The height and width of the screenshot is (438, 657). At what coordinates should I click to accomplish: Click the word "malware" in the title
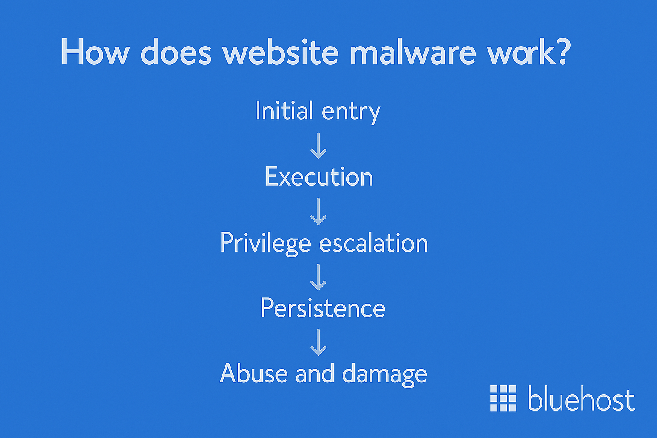click(412, 53)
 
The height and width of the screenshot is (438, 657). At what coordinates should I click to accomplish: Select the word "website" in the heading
click(281, 53)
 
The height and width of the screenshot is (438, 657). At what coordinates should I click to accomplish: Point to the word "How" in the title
click(95, 53)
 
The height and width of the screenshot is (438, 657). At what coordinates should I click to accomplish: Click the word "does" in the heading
click(176, 53)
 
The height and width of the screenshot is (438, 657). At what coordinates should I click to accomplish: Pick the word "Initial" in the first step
click(284, 111)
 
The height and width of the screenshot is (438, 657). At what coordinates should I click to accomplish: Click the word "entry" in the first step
click(351, 112)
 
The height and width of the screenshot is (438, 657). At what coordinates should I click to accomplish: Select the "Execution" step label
click(319, 177)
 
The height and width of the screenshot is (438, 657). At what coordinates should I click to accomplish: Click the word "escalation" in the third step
click(373, 243)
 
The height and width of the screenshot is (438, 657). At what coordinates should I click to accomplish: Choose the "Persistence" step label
click(323, 308)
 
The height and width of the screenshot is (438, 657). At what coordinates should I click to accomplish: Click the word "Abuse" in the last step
click(254, 373)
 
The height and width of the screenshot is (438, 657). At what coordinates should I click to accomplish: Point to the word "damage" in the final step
click(385, 375)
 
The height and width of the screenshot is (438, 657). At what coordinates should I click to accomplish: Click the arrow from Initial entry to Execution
click(318, 145)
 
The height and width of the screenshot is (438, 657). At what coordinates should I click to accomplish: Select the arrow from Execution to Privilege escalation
click(318, 211)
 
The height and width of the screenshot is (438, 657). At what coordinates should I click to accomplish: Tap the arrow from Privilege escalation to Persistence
click(318, 277)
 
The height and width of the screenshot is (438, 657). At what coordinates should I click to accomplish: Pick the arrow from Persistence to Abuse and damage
click(318, 342)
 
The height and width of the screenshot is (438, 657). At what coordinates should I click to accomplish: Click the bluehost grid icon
click(503, 398)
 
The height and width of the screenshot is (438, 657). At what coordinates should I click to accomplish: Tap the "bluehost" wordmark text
click(581, 399)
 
